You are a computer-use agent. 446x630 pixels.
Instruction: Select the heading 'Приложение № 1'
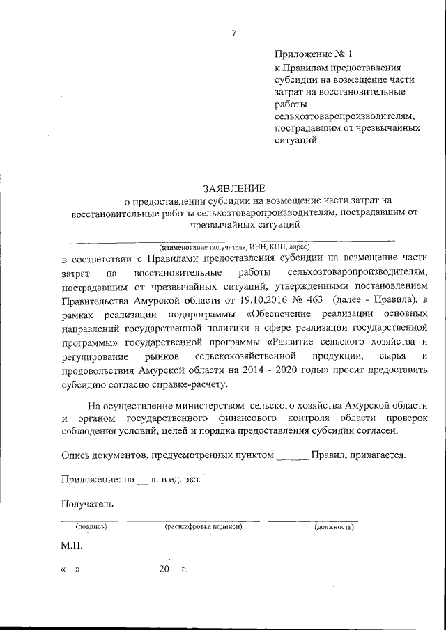pyautogui.click(x=309, y=54)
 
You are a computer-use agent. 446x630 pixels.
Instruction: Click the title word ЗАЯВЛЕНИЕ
pyautogui.click(x=233, y=188)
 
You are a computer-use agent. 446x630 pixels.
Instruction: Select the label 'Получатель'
pyautogui.click(x=86, y=503)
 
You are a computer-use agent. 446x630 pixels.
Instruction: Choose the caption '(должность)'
pyautogui.click(x=331, y=528)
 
